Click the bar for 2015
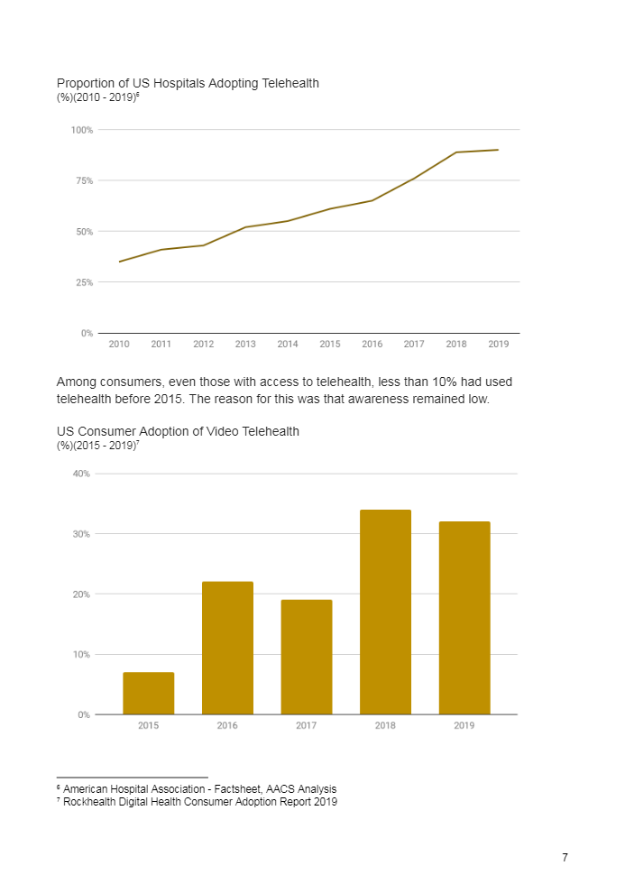pyautogui.click(x=149, y=693)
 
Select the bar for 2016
pyautogui.click(x=227, y=648)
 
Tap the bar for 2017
pyautogui.click(x=307, y=657)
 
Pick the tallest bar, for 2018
pyautogui.click(x=385, y=612)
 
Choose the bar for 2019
pyautogui.click(x=464, y=618)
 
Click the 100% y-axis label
pyautogui.click(x=82, y=130)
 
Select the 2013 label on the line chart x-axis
pyautogui.click(x=245, y=344)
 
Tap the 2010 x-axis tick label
pyautogui.click(x=119, y=344)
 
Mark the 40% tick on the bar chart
pyautogui.click(x=81, y=474)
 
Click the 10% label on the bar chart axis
pyautogui.click(x=81, y=654)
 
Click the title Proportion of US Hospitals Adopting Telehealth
pyautogui.click(x=188, y=83)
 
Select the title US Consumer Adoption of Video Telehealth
pyautogui.click(x=178, y=431)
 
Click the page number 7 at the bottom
pyautogui.click(x=565, y=858)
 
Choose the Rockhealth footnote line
pyautogui.click(x=199, y=802)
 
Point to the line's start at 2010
pyautogui.click(x=120, y=262)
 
